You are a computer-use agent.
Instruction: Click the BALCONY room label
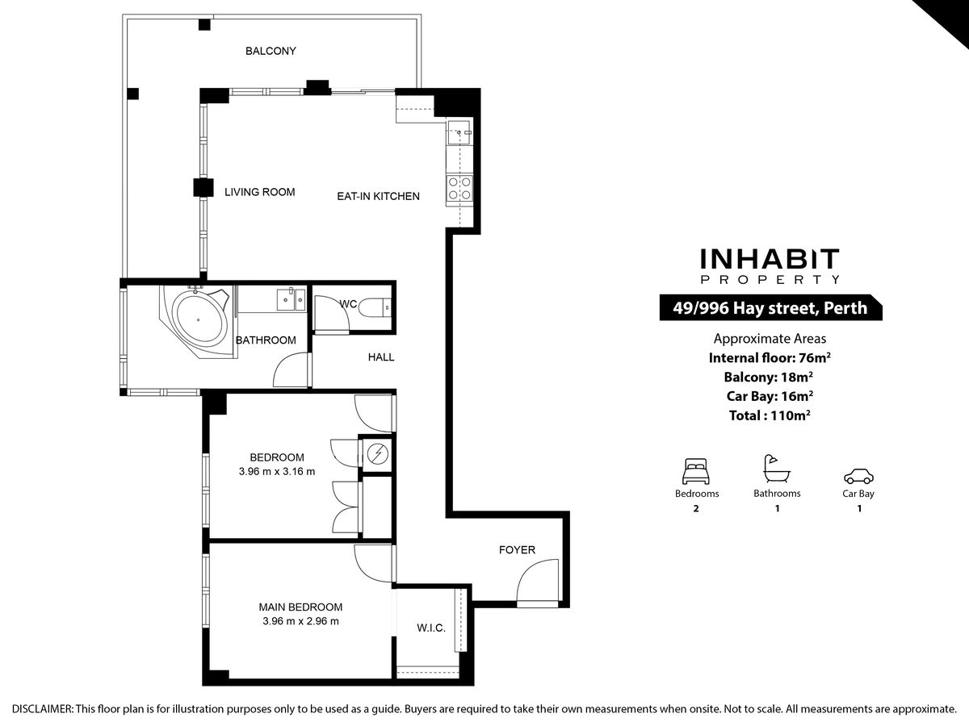coord(271,51)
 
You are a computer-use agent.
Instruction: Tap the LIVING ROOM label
coord(259,192)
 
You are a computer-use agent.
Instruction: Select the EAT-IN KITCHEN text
coord(379,197)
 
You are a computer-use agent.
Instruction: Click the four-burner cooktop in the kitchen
coord(459,188)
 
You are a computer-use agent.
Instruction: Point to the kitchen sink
coord(459,132)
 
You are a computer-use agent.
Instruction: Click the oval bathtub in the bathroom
coord(199,320)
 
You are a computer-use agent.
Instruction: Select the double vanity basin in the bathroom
coord(291,299)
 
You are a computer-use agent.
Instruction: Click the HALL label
coord(381,357)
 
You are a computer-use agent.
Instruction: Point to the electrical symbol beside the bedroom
coord(378,453)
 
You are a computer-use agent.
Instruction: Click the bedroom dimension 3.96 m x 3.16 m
coord(277,472)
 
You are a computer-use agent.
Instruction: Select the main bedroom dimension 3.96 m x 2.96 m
coord(300,621)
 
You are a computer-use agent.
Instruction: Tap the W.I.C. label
coord(431,628)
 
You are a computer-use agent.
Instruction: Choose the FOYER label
coord(517,550)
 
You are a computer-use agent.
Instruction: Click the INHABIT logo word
coord(770,259)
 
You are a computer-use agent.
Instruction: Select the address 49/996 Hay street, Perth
coord(770,307)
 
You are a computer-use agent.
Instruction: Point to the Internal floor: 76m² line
coord(770,357)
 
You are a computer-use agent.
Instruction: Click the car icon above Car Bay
coord(858,476)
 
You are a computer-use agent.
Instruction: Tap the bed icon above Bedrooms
coord(696,471)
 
